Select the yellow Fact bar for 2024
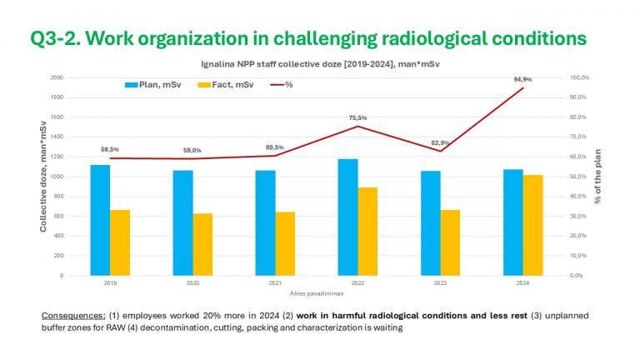pos(532,225)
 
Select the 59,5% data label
pos(108,149)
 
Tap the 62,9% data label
pos(439,142)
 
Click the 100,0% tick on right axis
pos(579,77)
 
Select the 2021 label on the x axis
pos(275,283)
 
